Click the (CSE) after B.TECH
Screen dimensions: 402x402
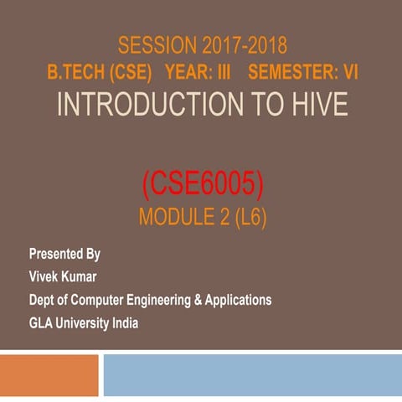(132, 73)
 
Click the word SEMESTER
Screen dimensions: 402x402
(291, 73)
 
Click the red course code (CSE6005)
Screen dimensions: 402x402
(201, 182)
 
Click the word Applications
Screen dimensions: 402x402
(239, 299)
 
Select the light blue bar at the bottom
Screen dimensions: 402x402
(251, 375)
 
